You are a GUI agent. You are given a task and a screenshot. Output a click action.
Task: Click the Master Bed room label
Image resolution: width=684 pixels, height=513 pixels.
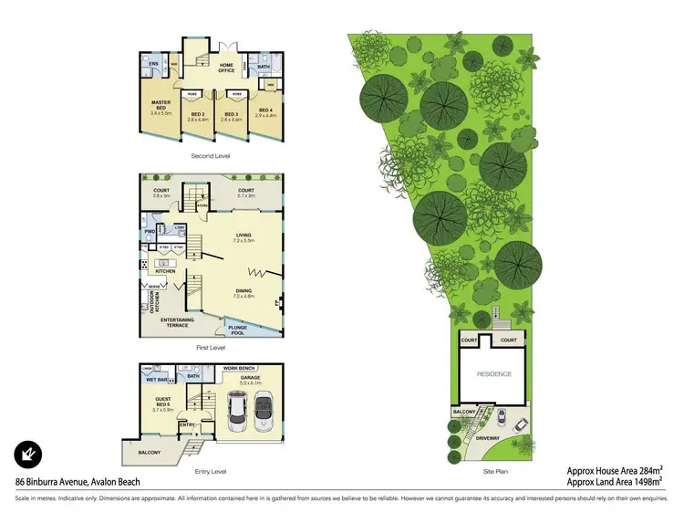point(161,104)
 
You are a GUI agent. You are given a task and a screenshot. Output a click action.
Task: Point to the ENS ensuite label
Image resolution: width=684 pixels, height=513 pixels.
point(154,64)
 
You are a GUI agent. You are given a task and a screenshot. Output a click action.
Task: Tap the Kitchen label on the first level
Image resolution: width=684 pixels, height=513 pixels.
point(165,271)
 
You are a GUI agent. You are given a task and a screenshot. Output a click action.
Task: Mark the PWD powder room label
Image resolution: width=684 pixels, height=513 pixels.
point(149,232)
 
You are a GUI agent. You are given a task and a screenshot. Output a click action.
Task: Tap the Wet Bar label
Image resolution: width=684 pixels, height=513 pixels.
point(158,379)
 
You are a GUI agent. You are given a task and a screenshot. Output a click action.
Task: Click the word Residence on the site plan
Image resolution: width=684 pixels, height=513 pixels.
point(494,374)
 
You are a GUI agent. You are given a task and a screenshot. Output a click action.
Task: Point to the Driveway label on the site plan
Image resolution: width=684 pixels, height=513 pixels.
point(488,439)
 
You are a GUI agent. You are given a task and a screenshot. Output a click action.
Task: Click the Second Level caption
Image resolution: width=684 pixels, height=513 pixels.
point(211,157)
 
